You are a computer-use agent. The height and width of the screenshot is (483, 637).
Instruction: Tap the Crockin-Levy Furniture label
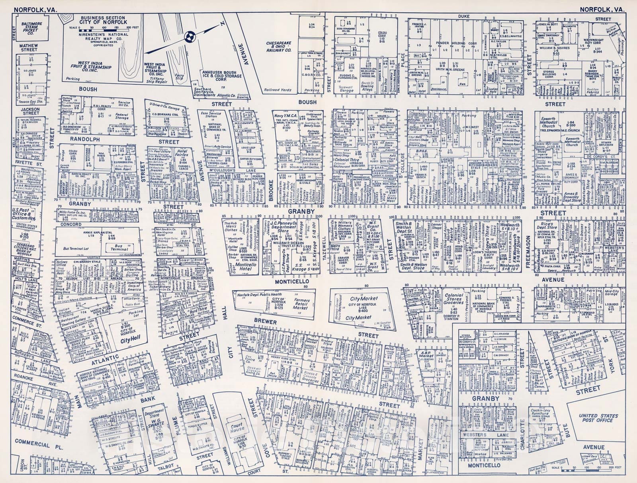(x=539, y=413)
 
